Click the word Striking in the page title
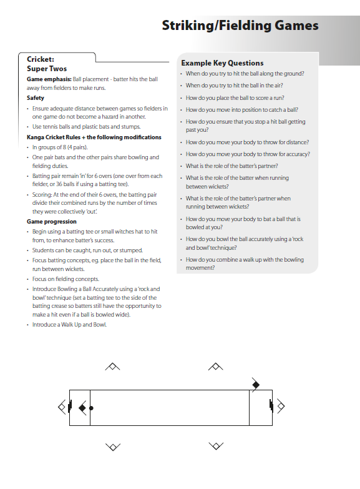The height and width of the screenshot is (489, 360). pos(185,26)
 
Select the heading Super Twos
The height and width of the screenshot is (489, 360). pos(47,69)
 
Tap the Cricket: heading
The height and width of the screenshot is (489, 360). pos(40,59)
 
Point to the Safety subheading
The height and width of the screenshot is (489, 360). pos(36,98)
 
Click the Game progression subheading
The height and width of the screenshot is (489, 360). pos(52,222)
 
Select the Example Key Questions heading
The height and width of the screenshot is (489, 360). pos(222,63)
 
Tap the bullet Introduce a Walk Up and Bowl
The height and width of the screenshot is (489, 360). pos(69,325)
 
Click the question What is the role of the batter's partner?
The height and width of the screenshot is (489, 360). pos(231,166)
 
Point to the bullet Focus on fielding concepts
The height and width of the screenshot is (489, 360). pos(66,279)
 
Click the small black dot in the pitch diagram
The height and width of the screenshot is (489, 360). pos(92,408)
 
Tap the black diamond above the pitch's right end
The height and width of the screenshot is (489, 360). pos(255,384)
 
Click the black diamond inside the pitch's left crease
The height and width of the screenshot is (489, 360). pos(82,408)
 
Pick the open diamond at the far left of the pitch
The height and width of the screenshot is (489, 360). pos(62,407)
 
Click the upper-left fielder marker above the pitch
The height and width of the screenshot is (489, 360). pos(112,367)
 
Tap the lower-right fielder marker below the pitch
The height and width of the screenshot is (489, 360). pos(216,446)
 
